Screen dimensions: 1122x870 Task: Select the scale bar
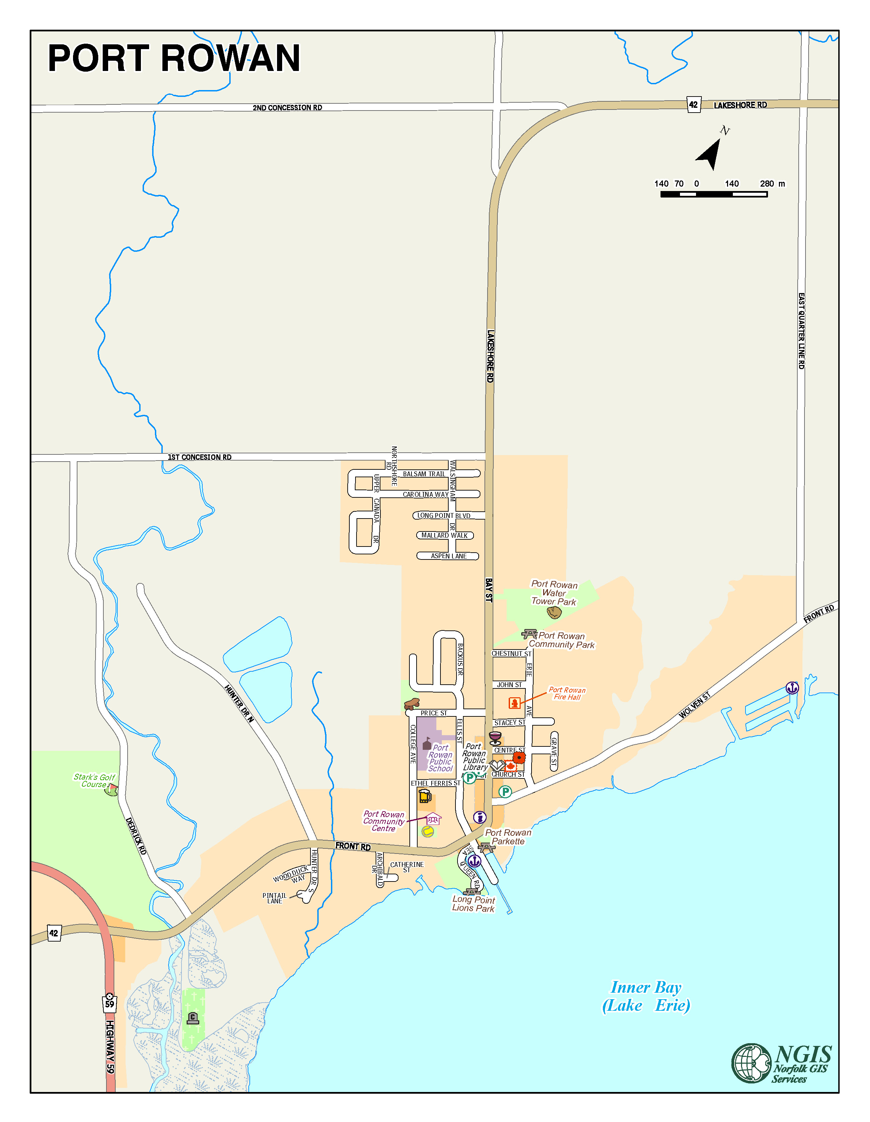[713, 194]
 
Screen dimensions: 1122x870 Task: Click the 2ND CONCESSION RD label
[287, 108]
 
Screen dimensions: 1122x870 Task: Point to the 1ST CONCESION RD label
[199, 457]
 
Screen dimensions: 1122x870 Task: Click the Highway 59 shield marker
[110, 1003]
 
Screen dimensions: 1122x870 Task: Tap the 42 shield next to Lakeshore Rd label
[694, 105]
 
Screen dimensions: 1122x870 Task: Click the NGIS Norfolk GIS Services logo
[781, 1063]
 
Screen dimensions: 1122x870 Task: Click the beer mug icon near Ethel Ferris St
[424, 796]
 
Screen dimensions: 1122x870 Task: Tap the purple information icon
[479, 817]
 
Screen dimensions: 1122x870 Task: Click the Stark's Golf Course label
[94, 781]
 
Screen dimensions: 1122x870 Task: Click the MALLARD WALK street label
[445, 535]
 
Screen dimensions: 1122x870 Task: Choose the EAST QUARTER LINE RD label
[801, 331]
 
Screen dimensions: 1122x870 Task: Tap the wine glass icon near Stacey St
[495, 738]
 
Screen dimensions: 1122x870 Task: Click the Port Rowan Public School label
[440, 758]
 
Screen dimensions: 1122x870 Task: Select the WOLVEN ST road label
[695, 705]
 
